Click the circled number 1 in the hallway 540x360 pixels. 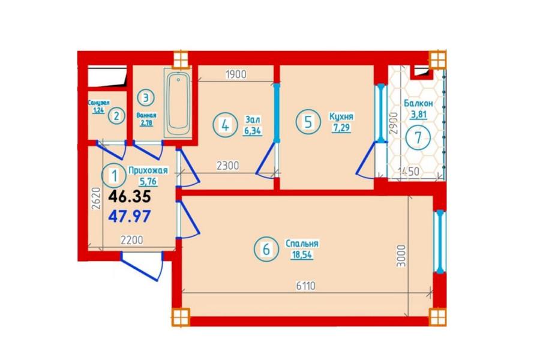click(114, 176)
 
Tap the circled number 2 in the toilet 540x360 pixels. click(116, 116)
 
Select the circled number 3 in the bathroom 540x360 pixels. click(146, 97)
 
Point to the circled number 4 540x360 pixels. click(225, 125)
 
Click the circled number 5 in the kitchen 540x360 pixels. click(308, 122)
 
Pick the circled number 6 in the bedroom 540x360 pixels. click(266, 249)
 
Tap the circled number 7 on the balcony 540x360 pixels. click(418, 137)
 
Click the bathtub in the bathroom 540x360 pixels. click(178, 104)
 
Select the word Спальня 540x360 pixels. click(302, 244)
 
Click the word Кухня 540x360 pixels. click(341, 116)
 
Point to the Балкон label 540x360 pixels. click(418, 103)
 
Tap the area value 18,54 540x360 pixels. click(302, 255)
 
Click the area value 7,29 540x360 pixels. click(341, 128)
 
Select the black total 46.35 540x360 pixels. click(130, 197)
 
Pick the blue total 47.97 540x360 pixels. click(130, 217)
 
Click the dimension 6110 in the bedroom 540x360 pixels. click(306, 286)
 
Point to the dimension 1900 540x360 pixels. click(236, 74)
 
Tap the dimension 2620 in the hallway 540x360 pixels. click(96, 198)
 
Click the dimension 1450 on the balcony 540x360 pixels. click(409, 171)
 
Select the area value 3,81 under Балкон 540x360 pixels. click(418, 115)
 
